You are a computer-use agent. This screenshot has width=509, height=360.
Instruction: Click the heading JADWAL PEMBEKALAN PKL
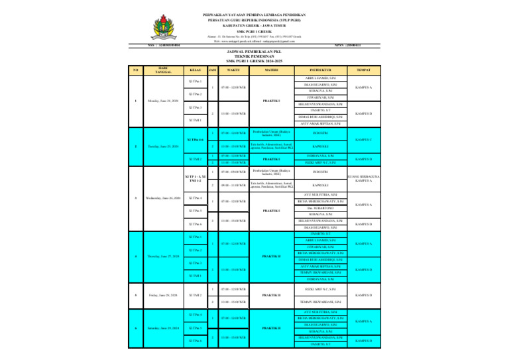coord(254,50)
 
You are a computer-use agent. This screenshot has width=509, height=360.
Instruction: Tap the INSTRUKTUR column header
coord(320,69)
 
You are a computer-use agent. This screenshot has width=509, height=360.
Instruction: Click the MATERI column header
coord(271,69)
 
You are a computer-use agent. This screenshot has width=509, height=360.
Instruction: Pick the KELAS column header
coord(195,69)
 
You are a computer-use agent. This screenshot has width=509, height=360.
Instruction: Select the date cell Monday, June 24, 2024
coord(163,101)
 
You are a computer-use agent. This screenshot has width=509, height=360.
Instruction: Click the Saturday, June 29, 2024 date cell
coord(163,328)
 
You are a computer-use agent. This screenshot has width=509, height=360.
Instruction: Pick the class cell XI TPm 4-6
coord(195,140)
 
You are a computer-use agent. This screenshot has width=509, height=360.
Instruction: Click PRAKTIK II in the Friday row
coord(271,296)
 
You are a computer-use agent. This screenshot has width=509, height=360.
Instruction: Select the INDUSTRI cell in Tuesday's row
coord(320,133)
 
